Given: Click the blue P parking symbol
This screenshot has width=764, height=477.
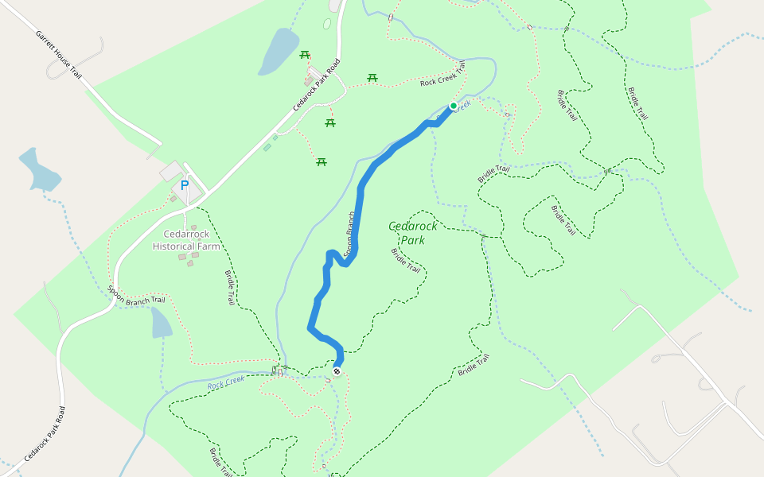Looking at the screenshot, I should (x=185, y=185).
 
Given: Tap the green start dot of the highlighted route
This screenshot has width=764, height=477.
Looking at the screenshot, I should (x=454, y=106).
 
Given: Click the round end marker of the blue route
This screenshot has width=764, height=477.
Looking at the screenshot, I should (x=337, y=371).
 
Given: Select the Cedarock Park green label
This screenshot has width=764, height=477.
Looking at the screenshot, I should (x=412, y=233).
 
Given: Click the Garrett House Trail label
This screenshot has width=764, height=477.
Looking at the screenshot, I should (x=59, y=54).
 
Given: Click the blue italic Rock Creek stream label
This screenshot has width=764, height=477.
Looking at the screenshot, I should (x=226, y=382).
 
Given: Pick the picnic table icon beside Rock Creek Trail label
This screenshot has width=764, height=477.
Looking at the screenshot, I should (x=372, y=77).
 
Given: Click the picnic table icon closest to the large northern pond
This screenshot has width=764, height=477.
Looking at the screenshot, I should (x=304, y=54).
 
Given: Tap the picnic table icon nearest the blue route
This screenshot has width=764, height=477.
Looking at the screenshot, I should (x=322, y=161).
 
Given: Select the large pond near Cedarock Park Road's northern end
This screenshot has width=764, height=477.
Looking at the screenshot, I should (x=278, y=51).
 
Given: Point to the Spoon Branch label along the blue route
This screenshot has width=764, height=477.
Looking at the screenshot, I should (x=349, y=234).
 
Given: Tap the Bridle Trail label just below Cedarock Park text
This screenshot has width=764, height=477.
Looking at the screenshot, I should (x=406, y=260).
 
